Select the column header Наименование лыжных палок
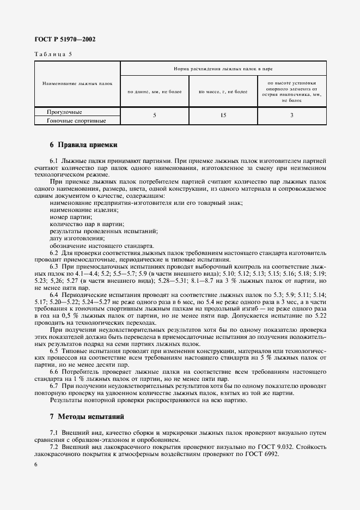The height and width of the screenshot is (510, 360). (77, 84)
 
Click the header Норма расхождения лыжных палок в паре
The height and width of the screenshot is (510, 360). (223, 69)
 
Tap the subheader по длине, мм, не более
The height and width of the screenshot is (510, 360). (154, 92)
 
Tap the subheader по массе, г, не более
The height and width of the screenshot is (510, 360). (223, 92)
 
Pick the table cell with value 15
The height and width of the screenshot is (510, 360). (223, 116)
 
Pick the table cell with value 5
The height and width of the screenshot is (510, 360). (154, 116)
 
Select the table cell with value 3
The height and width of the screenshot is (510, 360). (292, 116)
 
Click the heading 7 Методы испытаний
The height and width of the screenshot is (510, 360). (87, 417)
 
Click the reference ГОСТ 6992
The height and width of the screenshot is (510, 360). (261, 454)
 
